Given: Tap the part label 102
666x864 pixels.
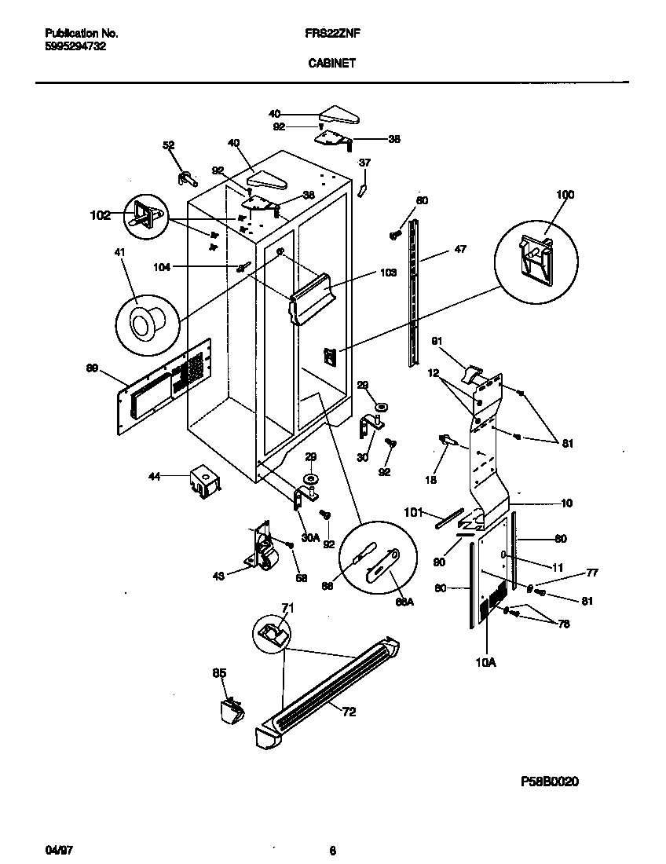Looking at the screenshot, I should point(100,216).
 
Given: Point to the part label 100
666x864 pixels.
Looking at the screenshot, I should point(565,195).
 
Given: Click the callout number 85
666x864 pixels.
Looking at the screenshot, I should point(219,672).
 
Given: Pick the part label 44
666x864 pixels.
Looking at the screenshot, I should point(155,477).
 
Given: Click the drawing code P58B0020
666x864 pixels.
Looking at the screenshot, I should point(549,782).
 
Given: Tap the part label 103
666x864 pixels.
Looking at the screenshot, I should point(387,273).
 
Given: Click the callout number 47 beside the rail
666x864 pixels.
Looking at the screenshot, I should point(459,250).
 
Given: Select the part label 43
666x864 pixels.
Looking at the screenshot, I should point(218,576).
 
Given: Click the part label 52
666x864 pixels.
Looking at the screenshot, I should point(168,145).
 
